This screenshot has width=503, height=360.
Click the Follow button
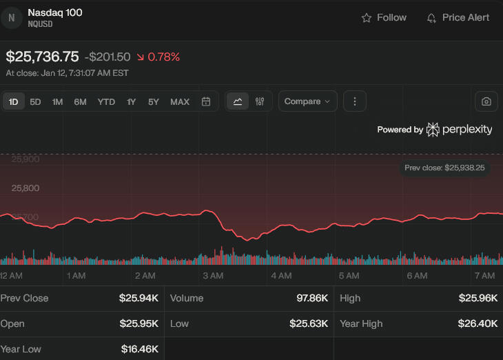tap(384, 18)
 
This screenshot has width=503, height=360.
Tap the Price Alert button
tap(458, 18)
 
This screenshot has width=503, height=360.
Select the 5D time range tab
tap(35, 102)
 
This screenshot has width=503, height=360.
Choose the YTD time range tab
tap(106, 102)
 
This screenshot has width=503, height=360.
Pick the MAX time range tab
tap(180, 102)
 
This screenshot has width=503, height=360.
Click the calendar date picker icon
tap(206, 102)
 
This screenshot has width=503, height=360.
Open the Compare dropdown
tap(307, 101)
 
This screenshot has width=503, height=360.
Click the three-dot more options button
tap(355, 101)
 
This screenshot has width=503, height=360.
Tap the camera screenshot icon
tap(486, 101)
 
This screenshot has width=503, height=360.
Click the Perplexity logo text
tap(466, 130)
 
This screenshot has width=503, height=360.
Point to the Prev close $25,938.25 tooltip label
tap(445, 168)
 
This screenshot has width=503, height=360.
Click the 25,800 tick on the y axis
tap(25, 188)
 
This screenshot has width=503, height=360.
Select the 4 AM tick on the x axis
tap(281, 276)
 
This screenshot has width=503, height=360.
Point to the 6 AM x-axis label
tap(417, 276)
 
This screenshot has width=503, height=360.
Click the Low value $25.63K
tap(309, 323)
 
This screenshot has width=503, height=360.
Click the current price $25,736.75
tap(42, 57)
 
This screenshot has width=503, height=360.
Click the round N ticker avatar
tap(11, 18)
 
